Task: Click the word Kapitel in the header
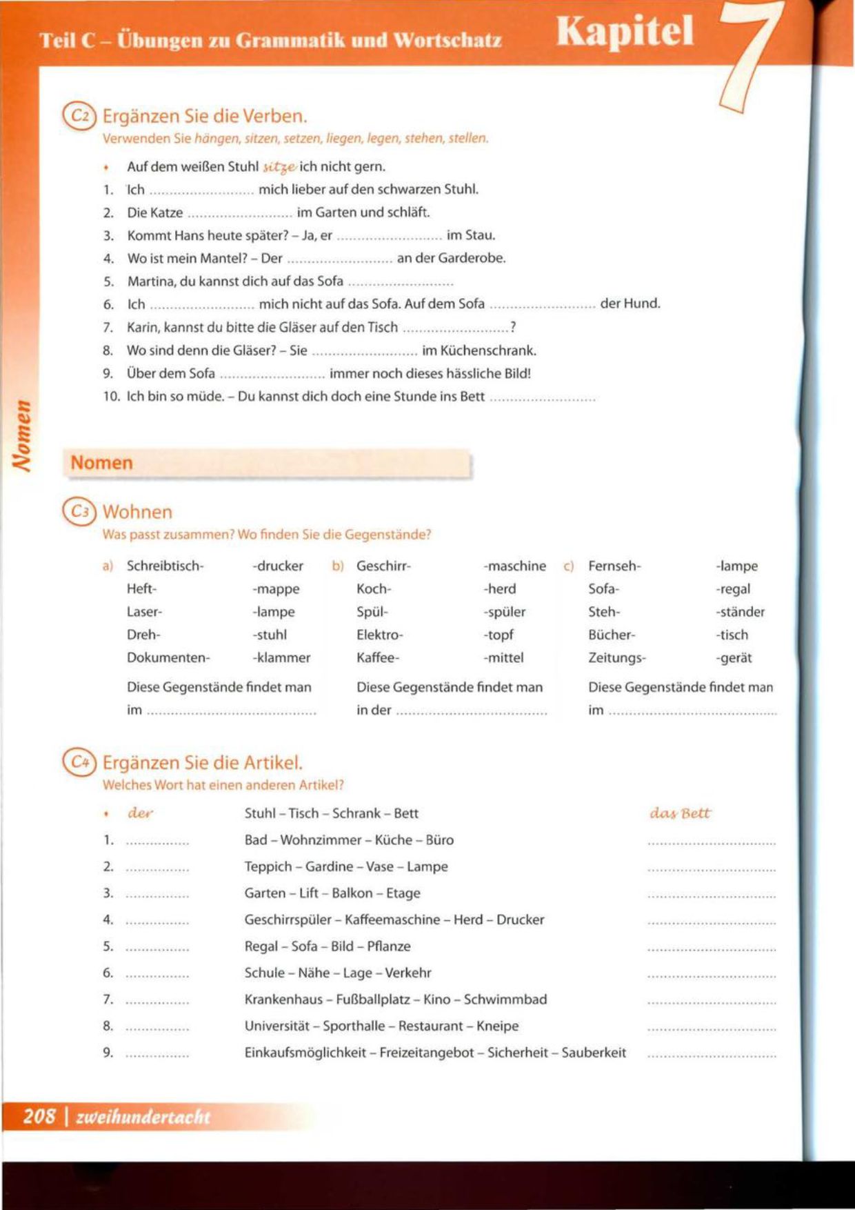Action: click(x=625, y=32)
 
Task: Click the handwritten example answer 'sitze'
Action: click(x=279, y=167)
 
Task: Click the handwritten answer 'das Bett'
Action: click(x=679, y=813)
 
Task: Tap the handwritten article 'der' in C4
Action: click(x=140, y=813)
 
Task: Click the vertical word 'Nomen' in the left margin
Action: click(x=23, y=437)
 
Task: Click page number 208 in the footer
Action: click(x=39, y=1116)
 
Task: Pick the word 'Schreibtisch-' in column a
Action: click(x=165, y=566)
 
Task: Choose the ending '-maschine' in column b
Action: click(x=514, y=566)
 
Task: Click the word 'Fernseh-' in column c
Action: click(x=614, y=566)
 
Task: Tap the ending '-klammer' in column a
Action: click(x=281, y=657)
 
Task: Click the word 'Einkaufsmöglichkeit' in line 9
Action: click(x=305, y=1052)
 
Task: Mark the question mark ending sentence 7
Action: click(x=512, y=327)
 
